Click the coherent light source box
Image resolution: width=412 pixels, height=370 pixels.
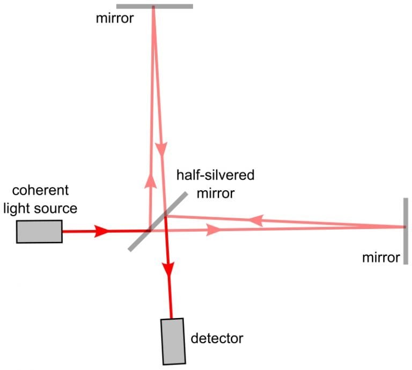(39, 231)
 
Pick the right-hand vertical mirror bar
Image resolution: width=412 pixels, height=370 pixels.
(406, 231)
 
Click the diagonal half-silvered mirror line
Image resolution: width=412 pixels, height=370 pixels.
(158, 221)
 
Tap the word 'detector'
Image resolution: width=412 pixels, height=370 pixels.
(217, 338)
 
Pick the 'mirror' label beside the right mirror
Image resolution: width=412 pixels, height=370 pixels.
(381, 258)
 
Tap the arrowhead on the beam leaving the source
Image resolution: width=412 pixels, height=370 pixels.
(102, 231)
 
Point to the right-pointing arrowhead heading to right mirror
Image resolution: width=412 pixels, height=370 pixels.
(214, 230)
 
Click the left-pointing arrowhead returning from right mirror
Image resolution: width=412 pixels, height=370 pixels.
(256, 219)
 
